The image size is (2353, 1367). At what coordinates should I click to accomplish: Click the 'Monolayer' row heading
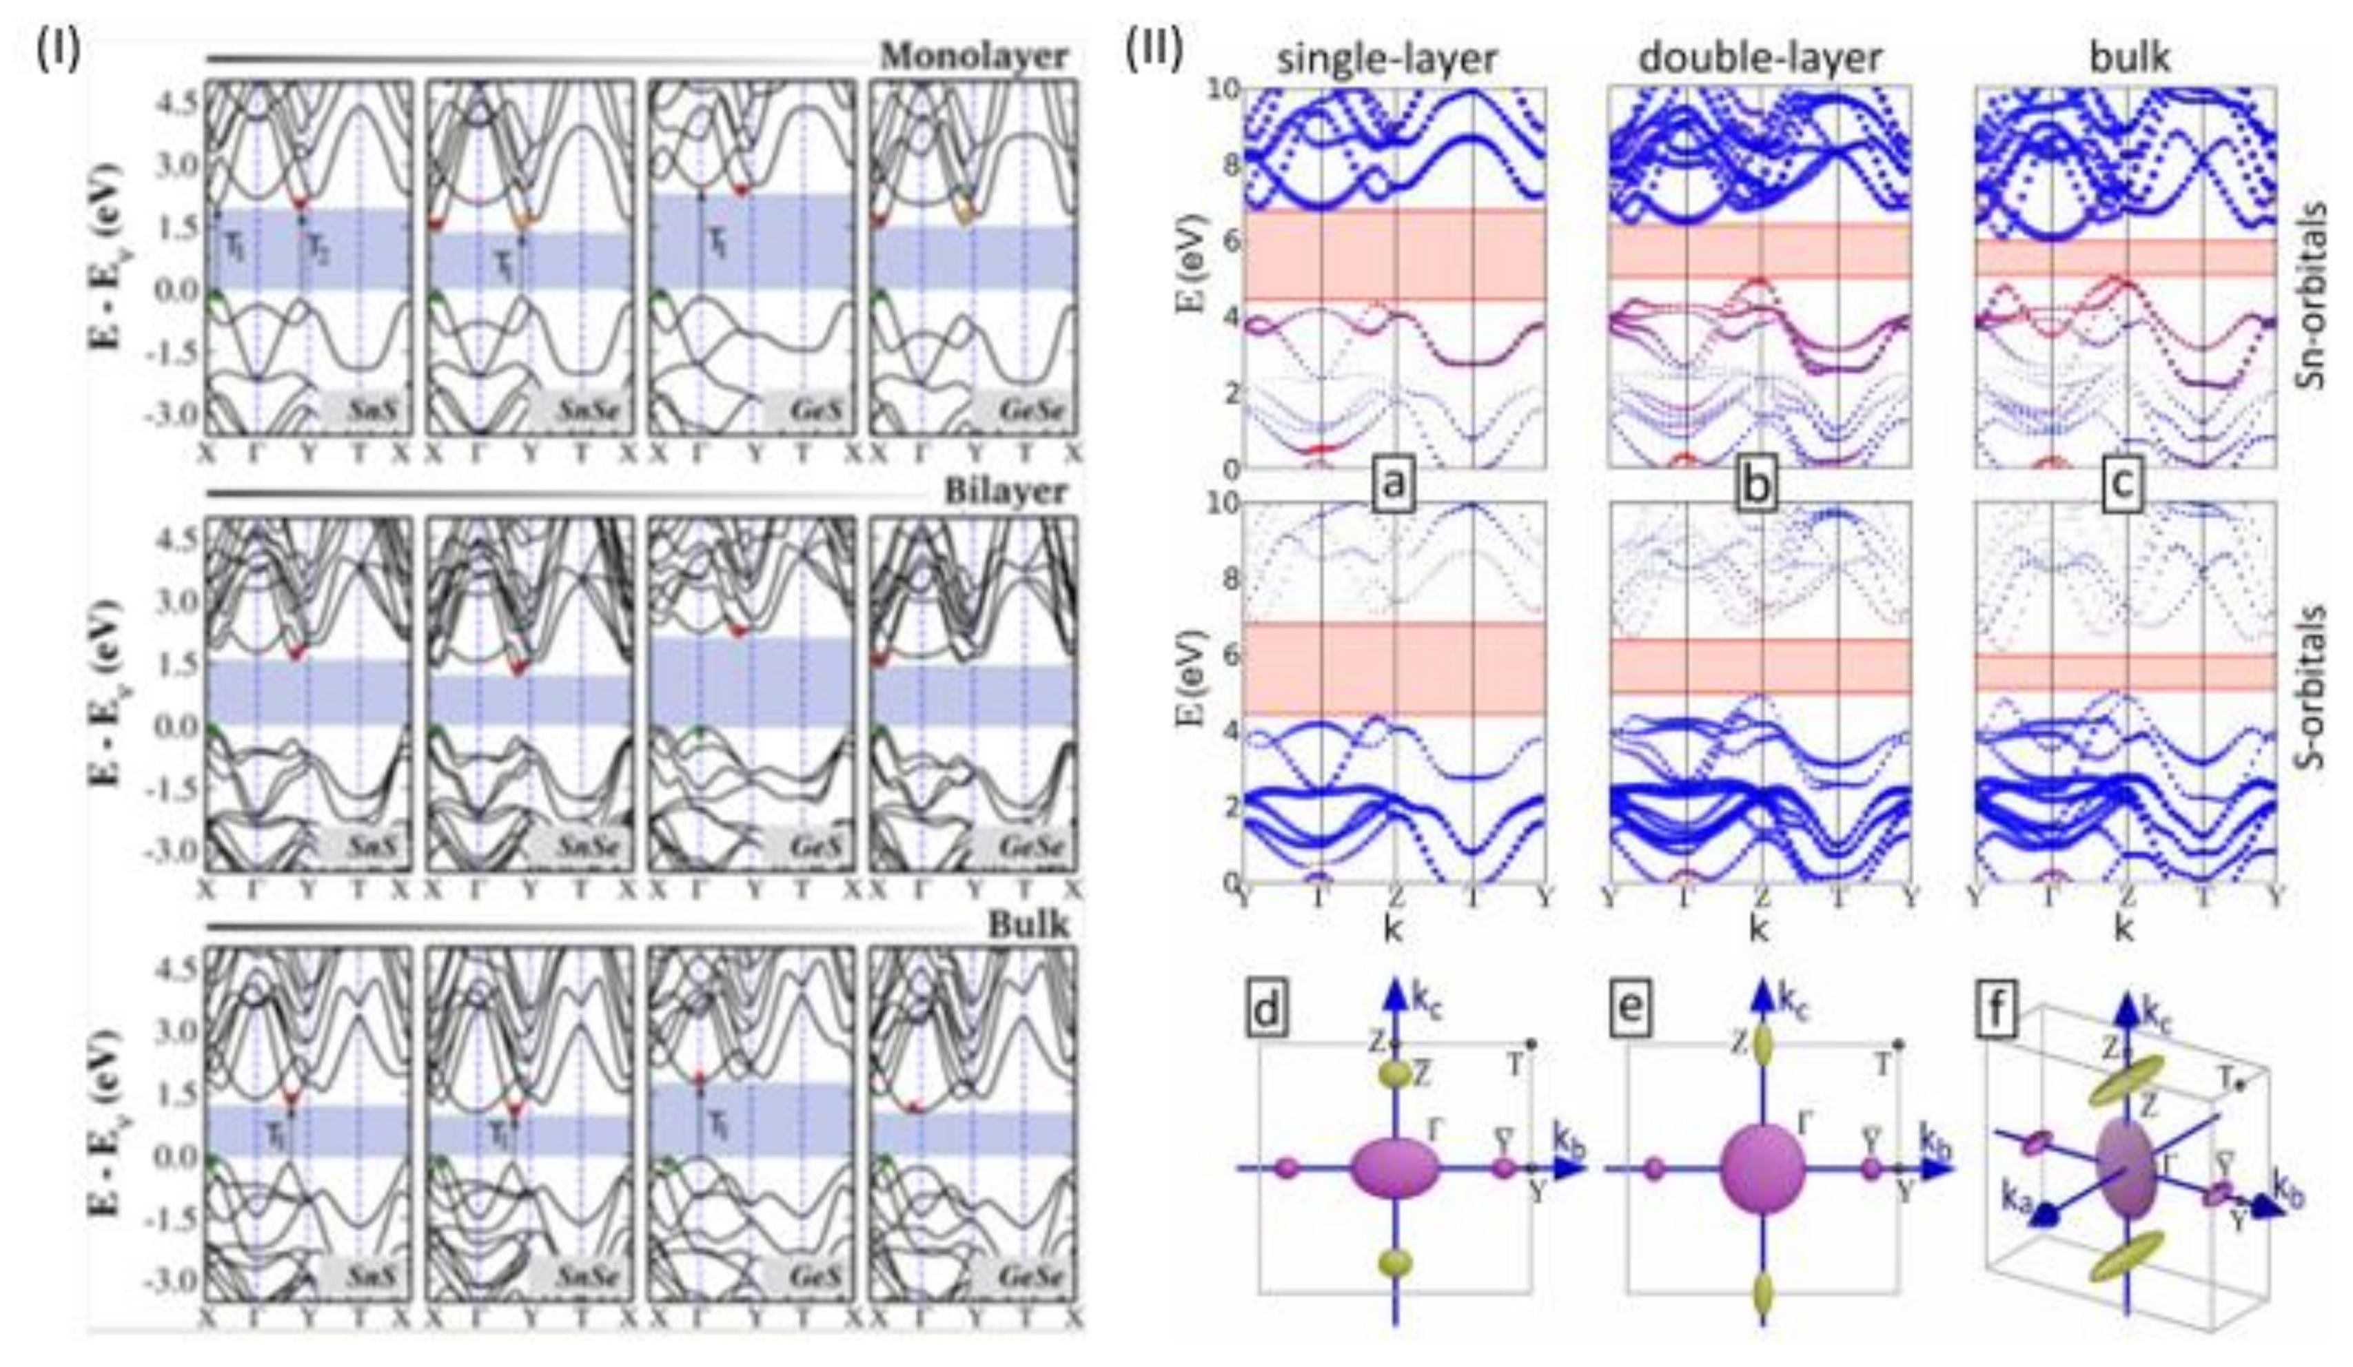pyautogui.click(x=974, y=56)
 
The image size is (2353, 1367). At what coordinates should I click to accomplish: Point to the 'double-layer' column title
pyautogui.click(x=1759, y=58)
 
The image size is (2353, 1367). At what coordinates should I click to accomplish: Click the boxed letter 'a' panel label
pyautogui.click(x=1394, y=489)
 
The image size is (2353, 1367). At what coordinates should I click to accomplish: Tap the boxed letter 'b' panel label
pyautogui.click(x=1758, y=489)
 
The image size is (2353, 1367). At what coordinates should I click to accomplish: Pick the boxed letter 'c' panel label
pyautogui.click(x=2124, y=489)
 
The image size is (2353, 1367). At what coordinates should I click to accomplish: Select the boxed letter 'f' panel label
pyautogui.click(x=1997, y=1011)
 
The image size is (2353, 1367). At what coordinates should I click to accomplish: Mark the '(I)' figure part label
pyautogui.click(x=58, y=52)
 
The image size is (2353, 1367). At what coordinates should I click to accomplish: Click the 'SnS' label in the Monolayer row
pyautogui.click(x=367, y=410)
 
